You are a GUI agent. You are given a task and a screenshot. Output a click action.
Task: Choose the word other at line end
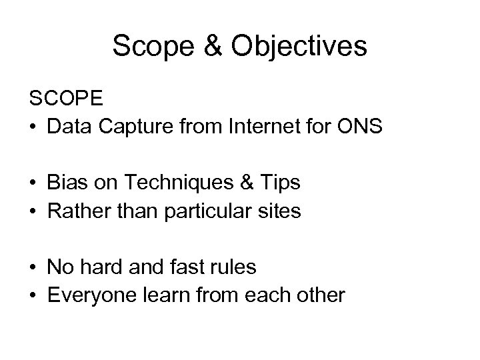323,295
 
